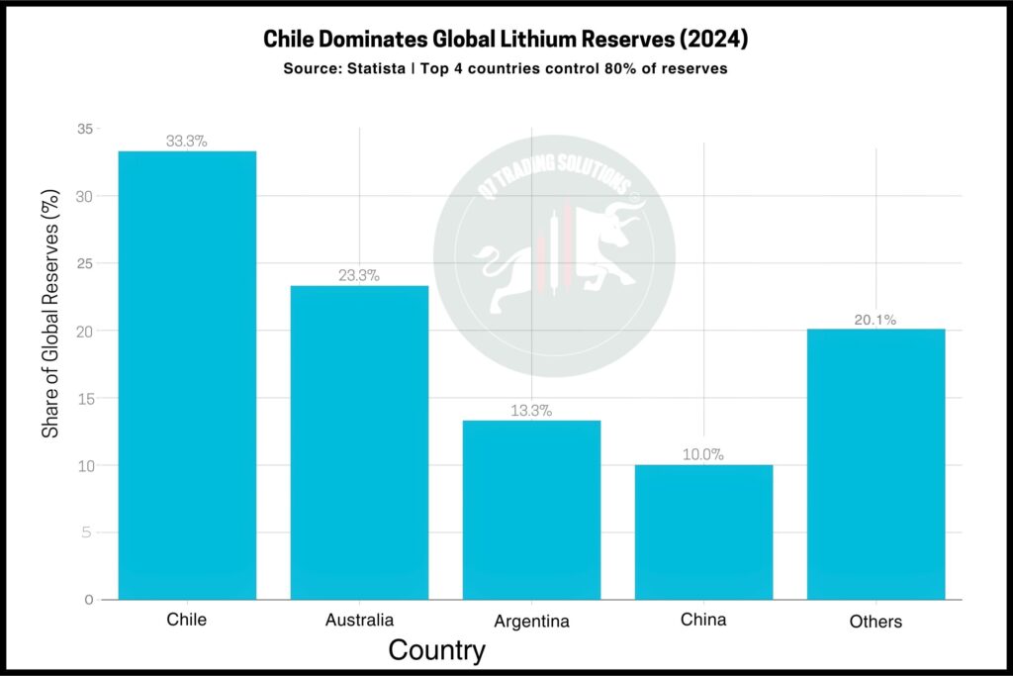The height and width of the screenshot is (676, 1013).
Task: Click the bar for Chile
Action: (187, 375)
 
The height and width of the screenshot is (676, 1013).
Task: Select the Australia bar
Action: (359, 442)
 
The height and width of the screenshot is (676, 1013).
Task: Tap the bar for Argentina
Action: (531, 510)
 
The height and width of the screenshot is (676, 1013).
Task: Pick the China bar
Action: (703, 531)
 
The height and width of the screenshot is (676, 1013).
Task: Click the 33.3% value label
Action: (187, 142)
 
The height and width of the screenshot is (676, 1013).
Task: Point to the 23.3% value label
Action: (359, 276)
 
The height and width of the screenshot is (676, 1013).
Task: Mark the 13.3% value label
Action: (531, 411)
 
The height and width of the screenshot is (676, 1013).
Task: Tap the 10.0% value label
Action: (703, 455)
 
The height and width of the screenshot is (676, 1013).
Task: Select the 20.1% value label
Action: (875, 320)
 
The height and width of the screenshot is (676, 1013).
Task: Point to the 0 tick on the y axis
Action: (89, 600)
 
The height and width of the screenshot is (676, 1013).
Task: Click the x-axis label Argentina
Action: (531, 623)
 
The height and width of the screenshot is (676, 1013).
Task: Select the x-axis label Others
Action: (875, 623)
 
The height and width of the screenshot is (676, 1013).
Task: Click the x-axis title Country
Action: (436, 651)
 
